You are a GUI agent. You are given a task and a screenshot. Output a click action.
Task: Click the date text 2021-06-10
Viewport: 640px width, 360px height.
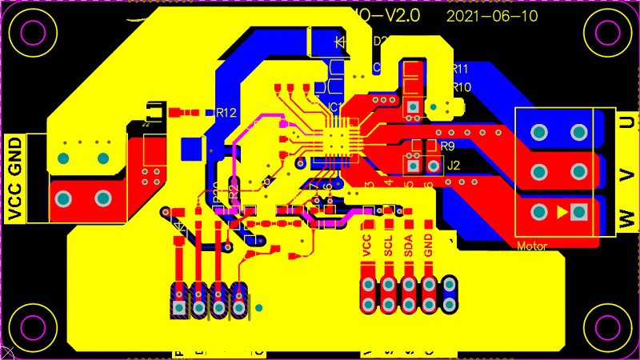pyautogui.click(x=491, y=15)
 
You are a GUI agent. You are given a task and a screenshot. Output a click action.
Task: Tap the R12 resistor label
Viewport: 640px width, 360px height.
pyautogui.click(x=226, y=114)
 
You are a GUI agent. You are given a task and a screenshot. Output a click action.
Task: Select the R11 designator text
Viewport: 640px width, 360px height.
pyautogui.click(x=460, y=69)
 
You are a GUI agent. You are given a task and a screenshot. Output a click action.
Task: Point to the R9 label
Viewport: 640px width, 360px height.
pyautogui.click(x=447, y=146)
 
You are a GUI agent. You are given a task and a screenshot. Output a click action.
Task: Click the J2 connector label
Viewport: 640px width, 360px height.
pyautogui.click(x=454, y=166)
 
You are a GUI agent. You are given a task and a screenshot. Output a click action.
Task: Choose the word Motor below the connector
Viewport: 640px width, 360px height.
pyautogui.click(x=532, y=246)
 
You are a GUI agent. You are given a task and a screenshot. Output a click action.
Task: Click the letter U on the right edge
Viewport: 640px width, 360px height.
pyautogui.click(x=629, y=122)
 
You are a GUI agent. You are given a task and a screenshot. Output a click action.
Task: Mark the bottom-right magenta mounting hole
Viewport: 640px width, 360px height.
pyautogui.click(x=604, y=326)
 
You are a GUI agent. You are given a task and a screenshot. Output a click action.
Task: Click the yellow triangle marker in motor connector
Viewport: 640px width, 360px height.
pyautogui.click(x=562, y=212)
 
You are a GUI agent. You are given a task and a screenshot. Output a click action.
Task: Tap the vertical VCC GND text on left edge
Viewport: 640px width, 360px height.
pyautogui.click(x=15, y=178)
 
